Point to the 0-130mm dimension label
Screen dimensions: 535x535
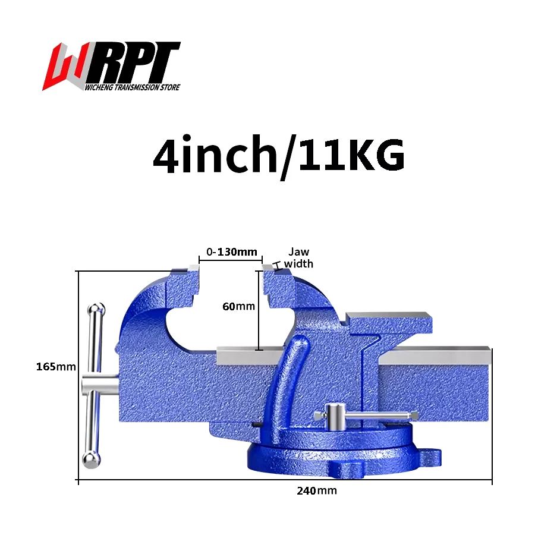coord(231,252)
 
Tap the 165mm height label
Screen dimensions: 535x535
coord(56,367)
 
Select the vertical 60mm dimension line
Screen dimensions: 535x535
coord(259,309)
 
